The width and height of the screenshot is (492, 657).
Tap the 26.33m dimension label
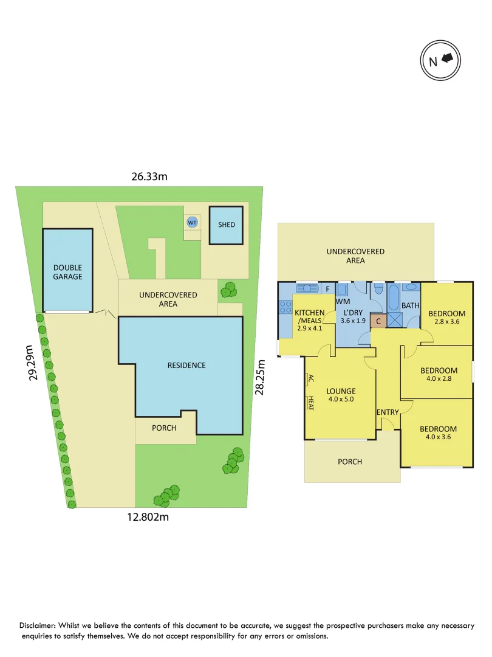(149, 176)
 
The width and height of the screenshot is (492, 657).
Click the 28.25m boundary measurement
(260, 377)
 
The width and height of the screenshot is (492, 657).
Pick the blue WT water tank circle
(192, 222)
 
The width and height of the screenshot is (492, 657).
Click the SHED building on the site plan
(227, 225)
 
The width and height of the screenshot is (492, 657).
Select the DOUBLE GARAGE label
(67, 272)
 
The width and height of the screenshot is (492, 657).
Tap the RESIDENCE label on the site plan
(186, 366)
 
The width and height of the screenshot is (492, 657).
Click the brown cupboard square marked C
(378, 321)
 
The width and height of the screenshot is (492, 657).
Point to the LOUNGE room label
(341, 391)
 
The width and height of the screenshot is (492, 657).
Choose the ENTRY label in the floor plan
(388, 412)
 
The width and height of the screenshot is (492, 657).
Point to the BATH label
(410, 305)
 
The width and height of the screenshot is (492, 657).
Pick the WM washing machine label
(343, 301)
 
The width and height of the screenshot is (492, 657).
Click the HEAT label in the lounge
(310, 403)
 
